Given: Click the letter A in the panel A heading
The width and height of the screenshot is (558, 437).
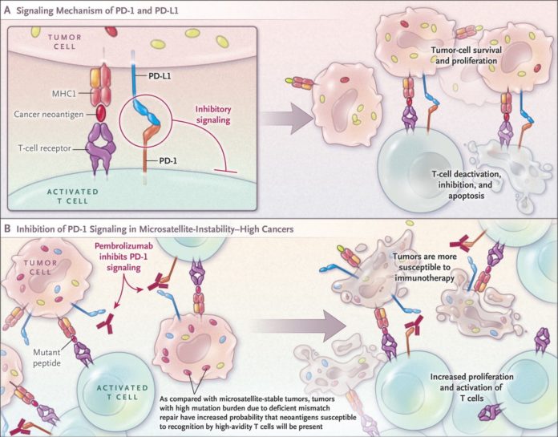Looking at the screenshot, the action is pyautogui.click(x=7, y=10).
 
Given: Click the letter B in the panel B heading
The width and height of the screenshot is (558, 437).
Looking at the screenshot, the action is pyautogui.click(x=7, y=228).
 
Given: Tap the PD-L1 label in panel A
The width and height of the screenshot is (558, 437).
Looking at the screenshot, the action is pyautogui.click(x=160, y=76).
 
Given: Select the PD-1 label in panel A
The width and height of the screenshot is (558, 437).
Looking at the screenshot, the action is pyautogui.click(x=168, y=161).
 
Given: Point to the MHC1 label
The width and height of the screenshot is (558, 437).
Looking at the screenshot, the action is pyautogui.click(x=65, y=93).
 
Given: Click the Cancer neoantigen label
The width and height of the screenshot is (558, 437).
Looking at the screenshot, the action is pyautogui.click(x=49, y=114).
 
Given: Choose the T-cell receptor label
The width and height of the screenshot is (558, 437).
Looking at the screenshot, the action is pyautogui.click(x=44, y=148).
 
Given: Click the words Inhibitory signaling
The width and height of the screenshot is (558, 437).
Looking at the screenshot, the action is pyautogui.click(x=213, y=114).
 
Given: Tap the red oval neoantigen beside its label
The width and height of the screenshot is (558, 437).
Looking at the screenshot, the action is pyautogui.click(x=101, y=112).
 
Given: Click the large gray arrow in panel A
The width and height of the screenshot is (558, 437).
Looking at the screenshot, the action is pyautogui.click(x=284, y=119).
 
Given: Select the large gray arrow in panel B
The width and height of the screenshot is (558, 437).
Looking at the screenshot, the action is pyautogui.click(x=301, y=326).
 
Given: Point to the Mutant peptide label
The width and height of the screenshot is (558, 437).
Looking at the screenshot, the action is pyautogui.click(x=46, y=358).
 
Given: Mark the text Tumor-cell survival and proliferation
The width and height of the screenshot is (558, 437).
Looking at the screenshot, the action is pyautogui.click(x=466, y=55).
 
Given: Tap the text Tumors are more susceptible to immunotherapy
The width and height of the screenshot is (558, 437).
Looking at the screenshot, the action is pyautogui.click(x=425, y=267).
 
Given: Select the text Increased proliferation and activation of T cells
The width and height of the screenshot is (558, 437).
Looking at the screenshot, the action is pyautogui.click(x=471, y=387).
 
